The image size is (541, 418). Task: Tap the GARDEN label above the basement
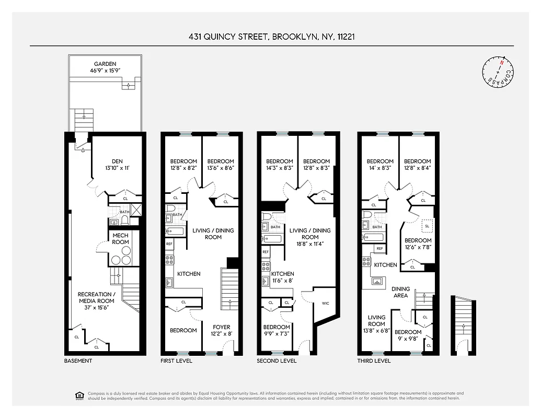pos(105,64)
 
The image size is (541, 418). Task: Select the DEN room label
pos(117,161)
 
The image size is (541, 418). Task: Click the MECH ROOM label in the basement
pos(120,239)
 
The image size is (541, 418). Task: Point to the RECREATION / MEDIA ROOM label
pos(95,297)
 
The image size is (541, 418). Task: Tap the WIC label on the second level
pos(325,303)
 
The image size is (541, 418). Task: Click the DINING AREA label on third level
pos(400,292)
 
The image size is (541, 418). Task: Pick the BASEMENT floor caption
pos(78,361)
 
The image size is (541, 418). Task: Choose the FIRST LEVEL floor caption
pos(176,361)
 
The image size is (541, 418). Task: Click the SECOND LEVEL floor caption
pos(277,361)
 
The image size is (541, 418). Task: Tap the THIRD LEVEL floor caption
pos(374,361)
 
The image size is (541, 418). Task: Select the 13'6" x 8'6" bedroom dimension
pos(221,168)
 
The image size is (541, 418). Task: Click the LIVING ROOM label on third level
pos(376,320)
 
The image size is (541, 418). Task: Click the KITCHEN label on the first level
pos(189,274)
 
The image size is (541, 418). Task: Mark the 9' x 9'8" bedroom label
pos(408,339)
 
